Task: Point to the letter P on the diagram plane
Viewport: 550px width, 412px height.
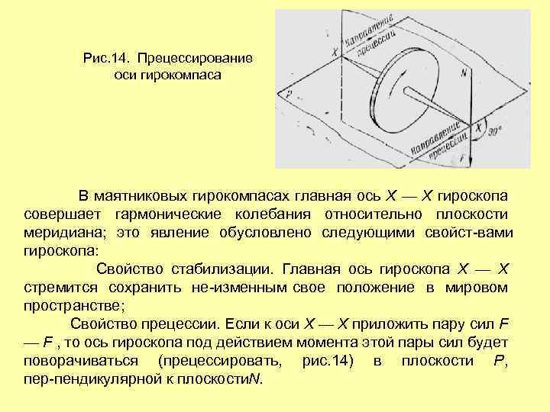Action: pyautogui.click(x=289, y=94)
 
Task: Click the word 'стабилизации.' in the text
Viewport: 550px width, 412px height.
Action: pyautogui.click(x=231, y=268)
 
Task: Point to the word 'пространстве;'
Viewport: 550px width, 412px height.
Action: pyautogui.click(x=73, y=305)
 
